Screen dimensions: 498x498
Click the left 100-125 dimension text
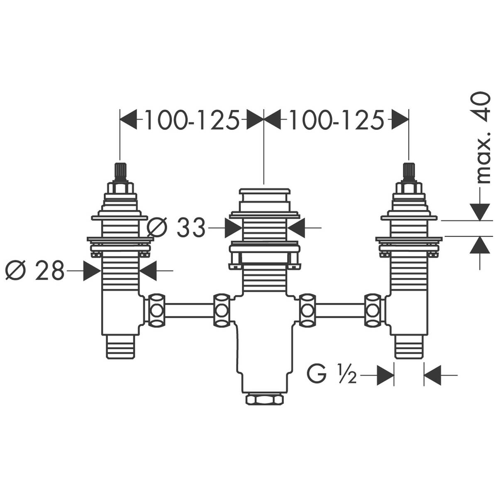coord(192,120)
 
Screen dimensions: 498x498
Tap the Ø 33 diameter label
coord(177,227)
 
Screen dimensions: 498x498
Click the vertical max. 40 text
coord(483,137)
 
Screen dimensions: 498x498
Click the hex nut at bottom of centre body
coord(264,399)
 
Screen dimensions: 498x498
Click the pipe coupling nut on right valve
coord(373,310)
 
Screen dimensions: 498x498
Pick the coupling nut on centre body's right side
coord(308,310)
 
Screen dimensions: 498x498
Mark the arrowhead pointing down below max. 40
coord(480,211)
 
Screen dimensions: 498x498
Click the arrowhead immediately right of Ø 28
coord(92,271)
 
